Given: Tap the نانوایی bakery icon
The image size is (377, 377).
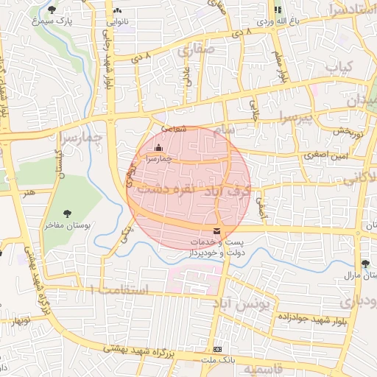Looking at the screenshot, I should (x=118, y=11).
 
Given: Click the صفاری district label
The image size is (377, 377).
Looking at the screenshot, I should (x=196, y=50).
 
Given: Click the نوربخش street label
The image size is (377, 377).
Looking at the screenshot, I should (x=345, y=131).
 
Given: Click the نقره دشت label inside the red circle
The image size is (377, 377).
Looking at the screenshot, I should (x=171, y=189).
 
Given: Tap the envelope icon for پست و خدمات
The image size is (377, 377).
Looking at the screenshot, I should (x=216, y=232).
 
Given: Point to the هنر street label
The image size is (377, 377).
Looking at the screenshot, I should (x=29, y=192).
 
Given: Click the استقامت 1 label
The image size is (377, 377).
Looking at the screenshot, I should (x=119, y=290).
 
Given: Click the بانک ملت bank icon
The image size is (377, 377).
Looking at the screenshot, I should (x=217, y=348).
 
